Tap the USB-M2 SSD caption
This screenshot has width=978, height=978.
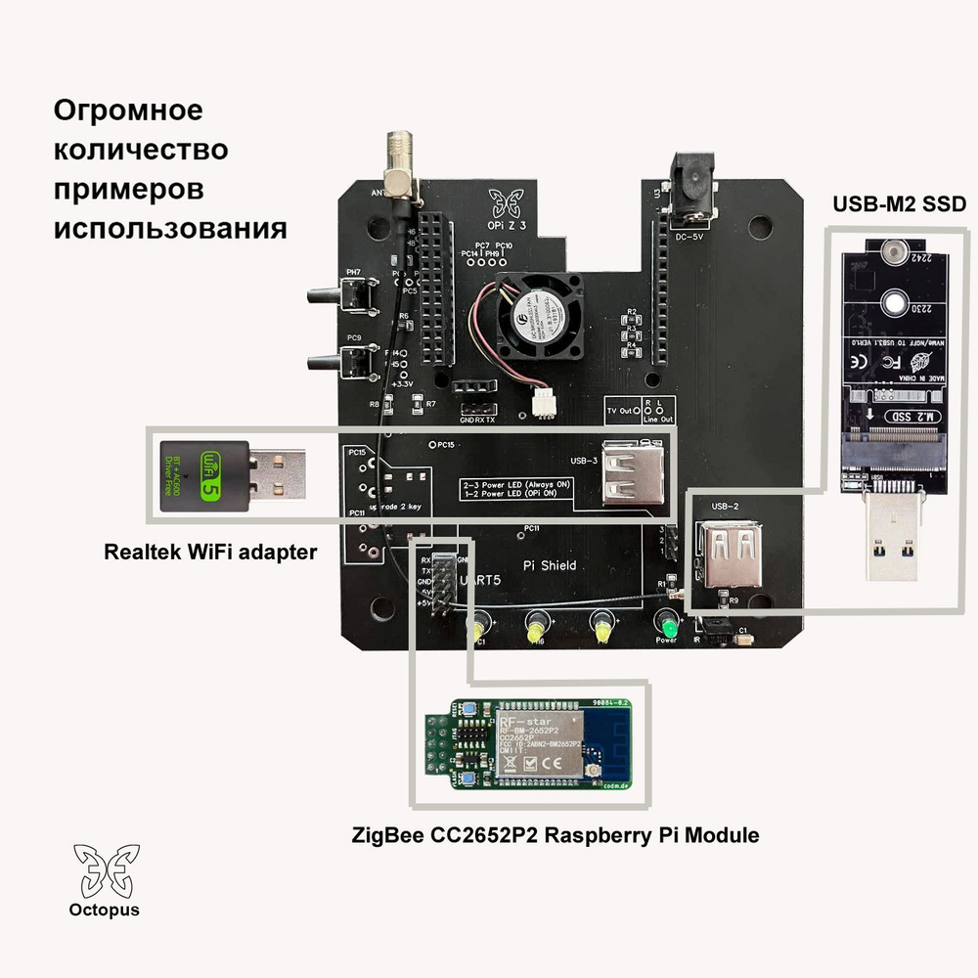click(899, 204)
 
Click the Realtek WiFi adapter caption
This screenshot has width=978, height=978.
click(210, 553)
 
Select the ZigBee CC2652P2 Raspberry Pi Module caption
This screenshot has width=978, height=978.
click(555, 836)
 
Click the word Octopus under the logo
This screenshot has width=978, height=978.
click(104, 911)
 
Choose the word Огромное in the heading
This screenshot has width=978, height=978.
click(127, 111)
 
